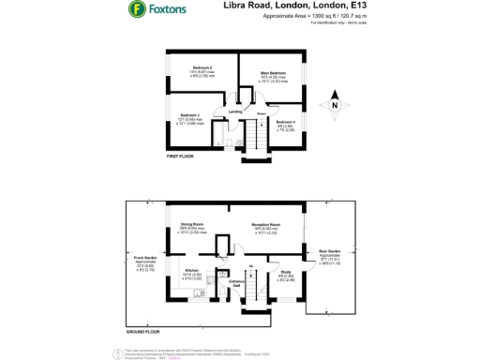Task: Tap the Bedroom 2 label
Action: tap(203, 68)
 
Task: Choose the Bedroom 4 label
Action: tap(287, 122)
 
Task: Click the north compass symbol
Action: tap(335, 106)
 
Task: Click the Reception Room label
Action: tap(270, 225)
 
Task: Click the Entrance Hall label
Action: tap(237, 283)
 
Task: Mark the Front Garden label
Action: tap(143, 258)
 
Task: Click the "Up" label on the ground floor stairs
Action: tap(251, 265)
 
